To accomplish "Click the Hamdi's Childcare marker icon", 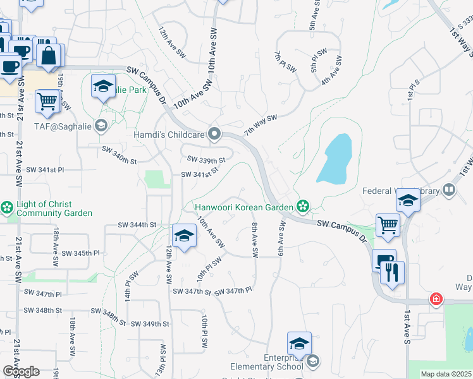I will tap(214, 134).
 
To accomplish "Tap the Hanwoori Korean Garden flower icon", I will tap(304, 206).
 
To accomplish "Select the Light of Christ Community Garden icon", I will tap(7, 208).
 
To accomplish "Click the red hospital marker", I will tap(436, 298).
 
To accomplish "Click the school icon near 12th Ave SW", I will tap(184, 237).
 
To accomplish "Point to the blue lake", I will tap(335, 158).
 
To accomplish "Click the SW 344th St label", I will tap(137, 225).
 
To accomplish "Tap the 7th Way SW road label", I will tap(261, 124).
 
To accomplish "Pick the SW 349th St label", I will tap(150, 323).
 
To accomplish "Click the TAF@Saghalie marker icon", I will tap(101, 126).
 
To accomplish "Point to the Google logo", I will tap(21, 371).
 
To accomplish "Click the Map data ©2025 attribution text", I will tap(446, 374).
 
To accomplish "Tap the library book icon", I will tap(449, 189).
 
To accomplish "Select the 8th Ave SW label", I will tap(255, 239).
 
